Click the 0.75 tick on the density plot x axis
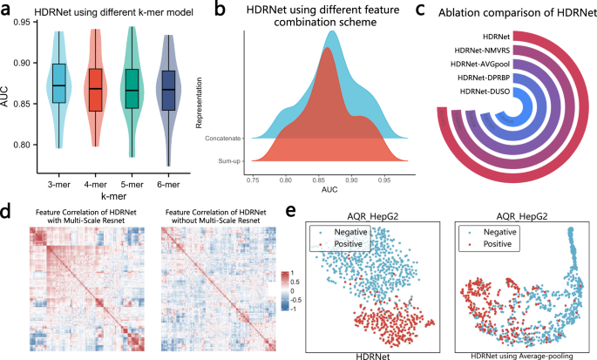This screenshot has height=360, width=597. pos(253,178)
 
